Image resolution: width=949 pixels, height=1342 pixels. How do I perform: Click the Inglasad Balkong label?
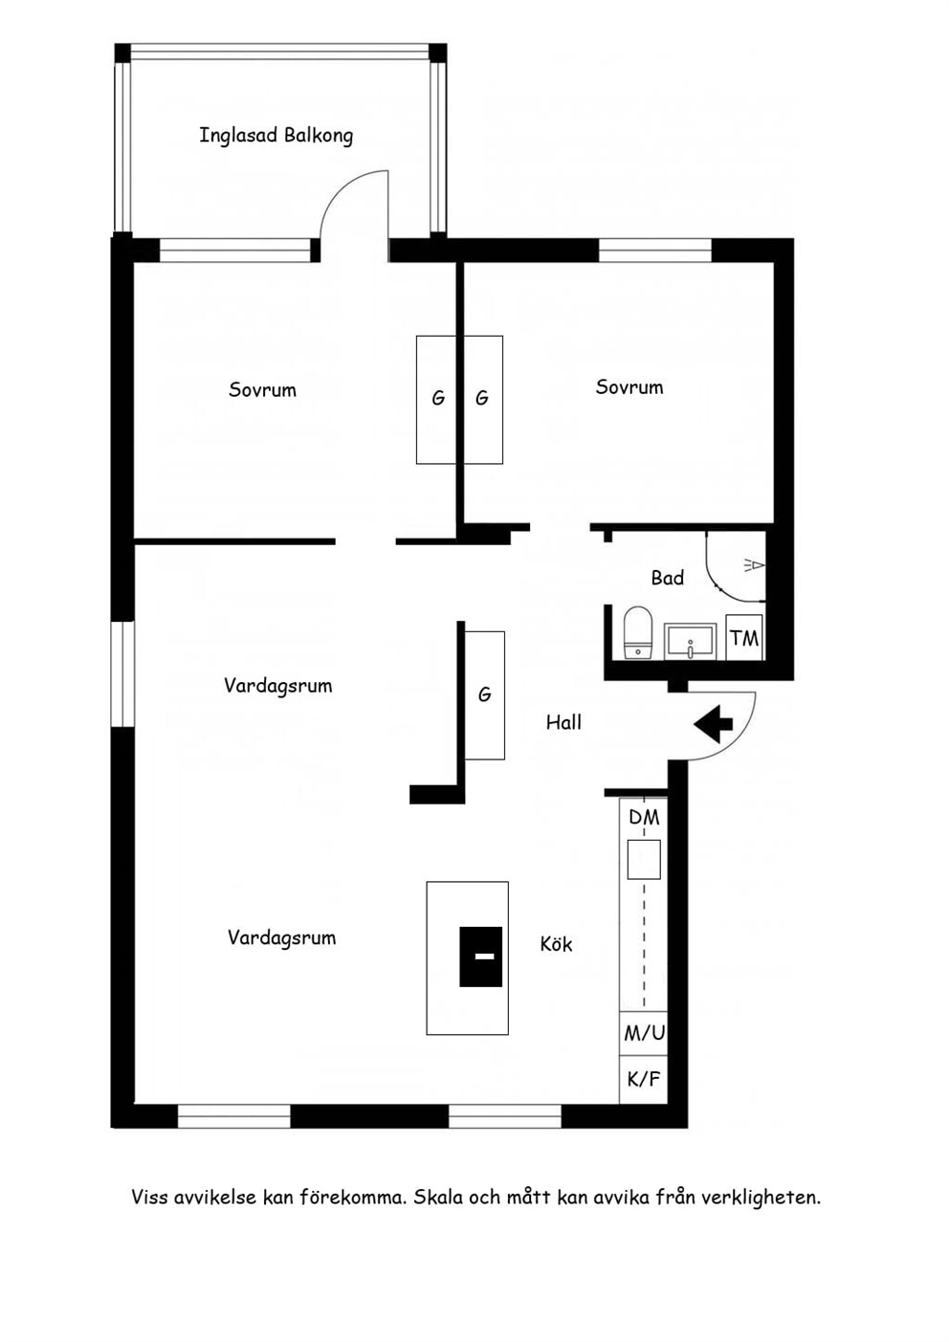(276, 136)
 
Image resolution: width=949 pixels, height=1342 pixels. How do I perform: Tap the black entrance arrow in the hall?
(713, 724)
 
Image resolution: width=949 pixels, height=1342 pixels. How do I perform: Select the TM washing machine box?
(744, 637)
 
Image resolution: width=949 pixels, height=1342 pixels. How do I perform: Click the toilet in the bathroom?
(637, 632)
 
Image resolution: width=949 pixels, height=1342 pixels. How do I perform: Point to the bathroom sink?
(690, 642)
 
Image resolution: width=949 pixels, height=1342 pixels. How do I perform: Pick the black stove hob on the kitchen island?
(480, 957)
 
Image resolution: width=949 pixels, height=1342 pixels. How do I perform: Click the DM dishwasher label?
(644, 817)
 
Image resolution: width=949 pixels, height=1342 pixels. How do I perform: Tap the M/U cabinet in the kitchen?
(644, 1033)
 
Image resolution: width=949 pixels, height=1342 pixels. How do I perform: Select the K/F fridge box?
(644, 1080)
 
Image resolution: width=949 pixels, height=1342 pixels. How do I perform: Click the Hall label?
(563, 722)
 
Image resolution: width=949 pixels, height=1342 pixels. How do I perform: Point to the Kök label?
(556, 945)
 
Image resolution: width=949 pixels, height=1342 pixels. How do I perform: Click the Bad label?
(668, 578)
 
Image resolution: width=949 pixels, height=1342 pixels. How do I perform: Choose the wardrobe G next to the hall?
(485, 695)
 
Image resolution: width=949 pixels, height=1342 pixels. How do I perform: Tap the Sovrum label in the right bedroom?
(629, 387)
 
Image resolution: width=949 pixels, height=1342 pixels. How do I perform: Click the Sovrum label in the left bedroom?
(262, 390)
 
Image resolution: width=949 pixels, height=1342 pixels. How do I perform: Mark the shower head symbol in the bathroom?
(754, 564)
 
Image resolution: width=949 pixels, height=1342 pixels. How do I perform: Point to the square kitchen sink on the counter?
(644, 859)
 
